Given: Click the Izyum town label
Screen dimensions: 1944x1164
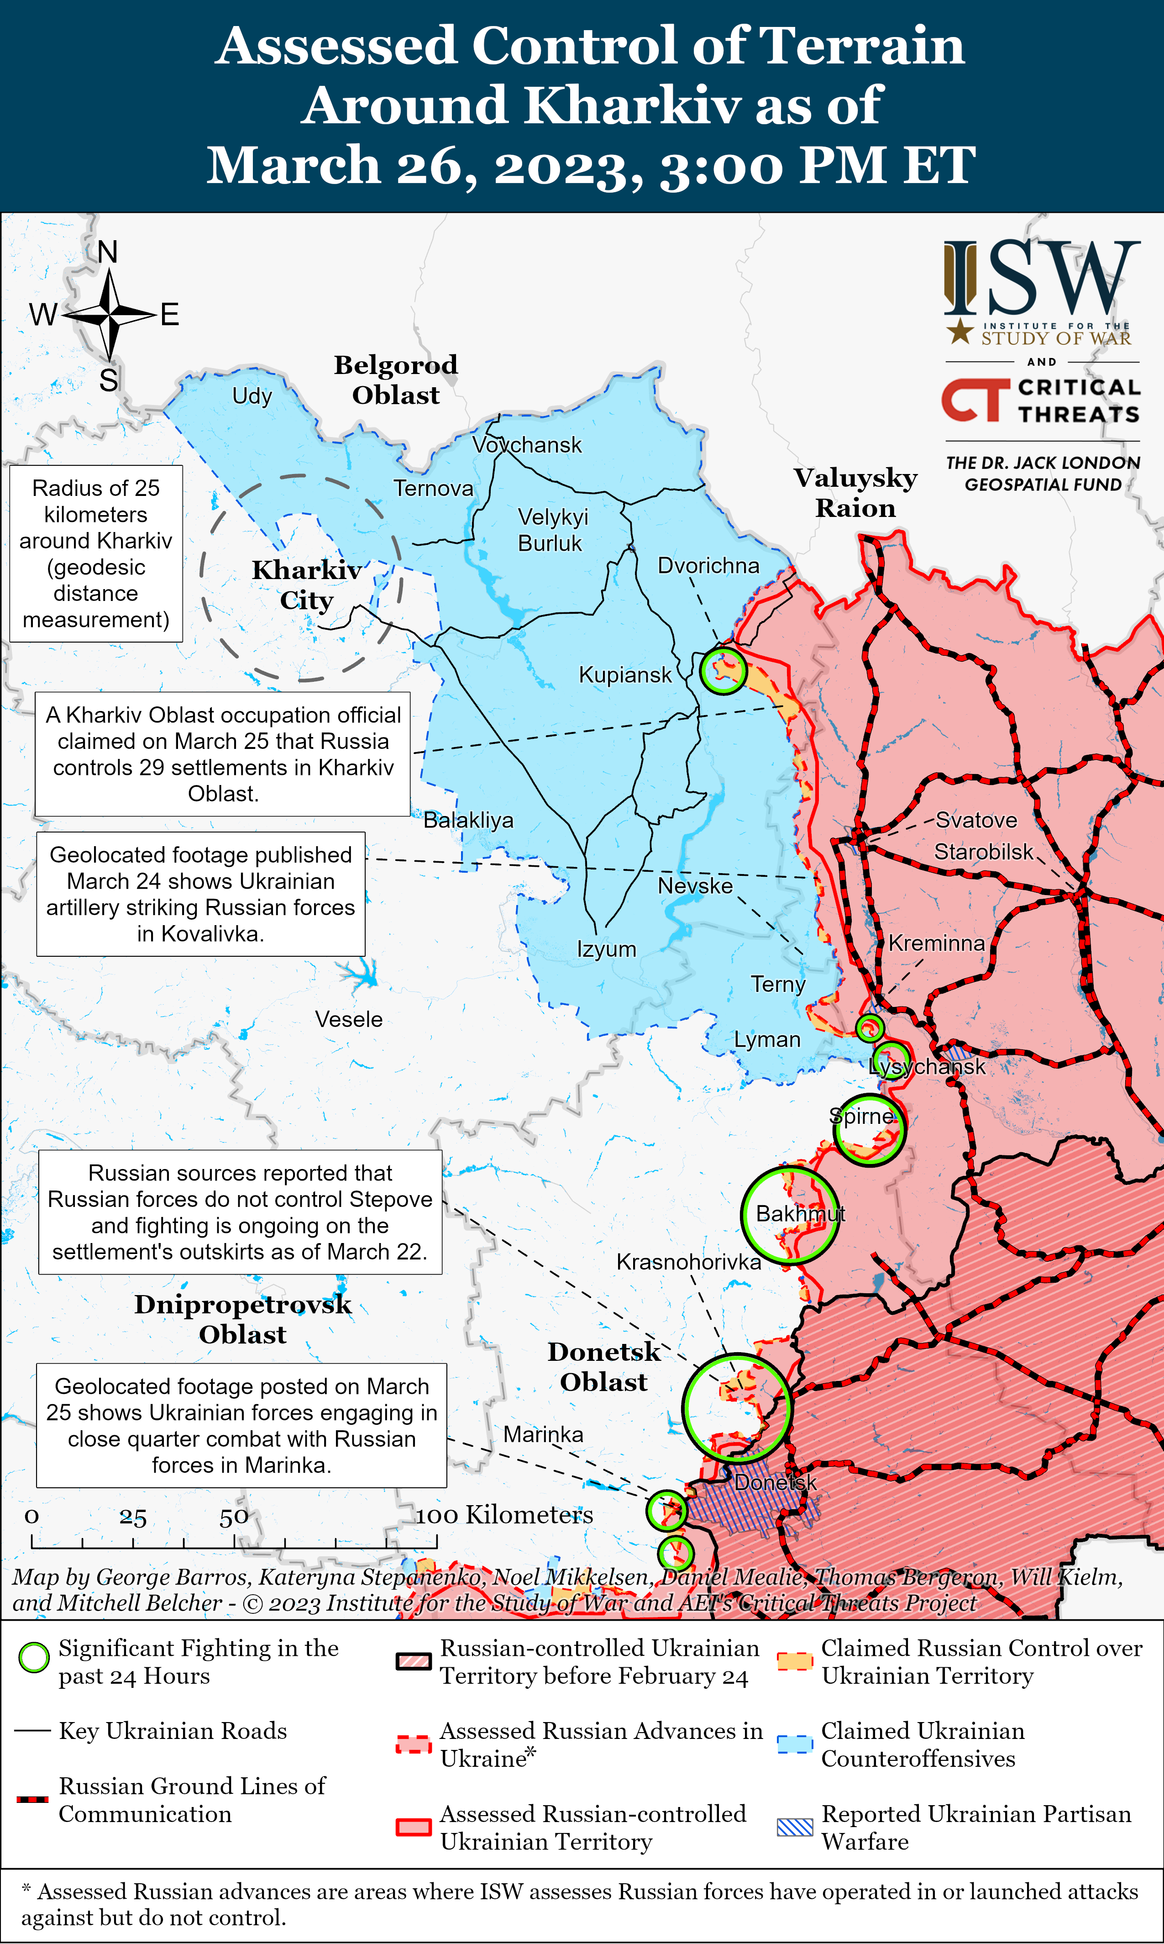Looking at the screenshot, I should coord(606,949).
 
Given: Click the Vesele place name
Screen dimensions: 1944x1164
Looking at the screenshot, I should coord(349,1019).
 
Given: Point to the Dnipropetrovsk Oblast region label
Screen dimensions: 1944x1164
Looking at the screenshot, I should coord(242,1319).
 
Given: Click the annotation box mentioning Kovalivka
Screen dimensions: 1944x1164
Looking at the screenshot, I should coord(201,894).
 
